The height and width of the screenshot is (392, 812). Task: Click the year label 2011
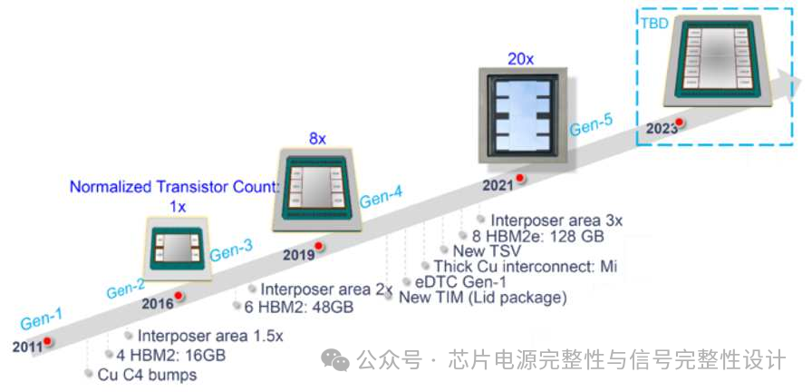point(26,347)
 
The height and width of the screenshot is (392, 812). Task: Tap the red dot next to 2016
point(179,296)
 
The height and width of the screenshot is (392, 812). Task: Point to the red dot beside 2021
point(519,179)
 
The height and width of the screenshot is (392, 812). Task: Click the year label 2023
point(661,128)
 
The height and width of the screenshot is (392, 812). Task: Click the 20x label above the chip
point(520,59)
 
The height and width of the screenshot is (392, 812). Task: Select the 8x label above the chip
point(316,139)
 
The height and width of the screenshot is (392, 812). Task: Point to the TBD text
point(654,23)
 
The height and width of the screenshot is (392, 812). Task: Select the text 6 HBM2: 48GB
point(298,307)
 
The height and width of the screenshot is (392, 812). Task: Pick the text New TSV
point(481,250)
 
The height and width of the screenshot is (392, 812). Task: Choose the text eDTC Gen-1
point(450,281)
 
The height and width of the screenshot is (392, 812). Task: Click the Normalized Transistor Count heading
point(172,188)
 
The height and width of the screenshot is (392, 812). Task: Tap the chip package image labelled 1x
point(179,244)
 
